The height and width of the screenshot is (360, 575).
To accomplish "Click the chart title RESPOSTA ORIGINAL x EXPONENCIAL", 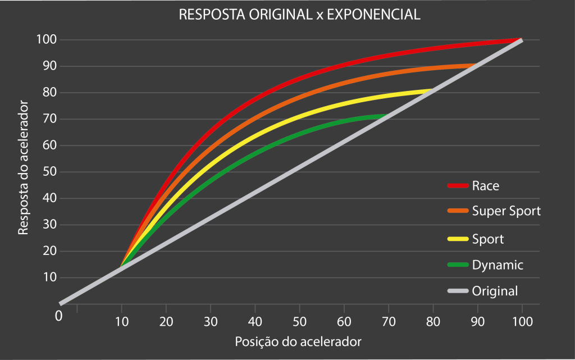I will point(299,15).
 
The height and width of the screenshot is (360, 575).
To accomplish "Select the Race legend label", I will point(486,185).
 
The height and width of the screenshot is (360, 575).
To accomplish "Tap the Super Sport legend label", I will point(506,212).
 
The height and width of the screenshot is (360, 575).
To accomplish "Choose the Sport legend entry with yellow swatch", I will point(488,239).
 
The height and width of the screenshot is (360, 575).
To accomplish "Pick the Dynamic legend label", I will point(498,265).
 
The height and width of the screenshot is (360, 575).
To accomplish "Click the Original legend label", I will point(495,291).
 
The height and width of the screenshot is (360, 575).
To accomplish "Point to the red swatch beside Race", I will point(458,186).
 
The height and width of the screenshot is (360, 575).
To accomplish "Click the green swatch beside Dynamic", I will point(458,265).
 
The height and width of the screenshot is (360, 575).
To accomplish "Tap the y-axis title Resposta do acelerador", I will point(24,167).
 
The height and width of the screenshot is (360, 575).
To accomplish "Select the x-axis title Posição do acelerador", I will point(298,341).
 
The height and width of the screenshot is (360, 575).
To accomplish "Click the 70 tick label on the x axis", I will point(388,322).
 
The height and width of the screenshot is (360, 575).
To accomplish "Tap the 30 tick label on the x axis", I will point(211,322).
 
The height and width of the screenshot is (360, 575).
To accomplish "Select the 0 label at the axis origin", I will point(58,316).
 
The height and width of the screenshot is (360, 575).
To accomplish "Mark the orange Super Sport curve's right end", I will point(476,66).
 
